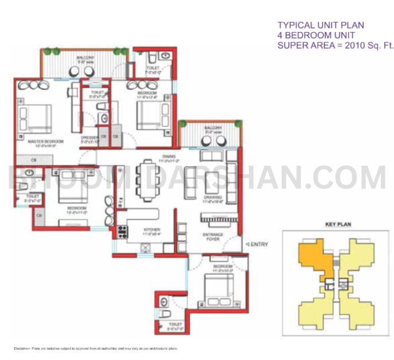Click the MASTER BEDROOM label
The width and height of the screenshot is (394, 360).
[x=39, y=141]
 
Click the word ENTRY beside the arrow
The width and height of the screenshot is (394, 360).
[x=259, y=245]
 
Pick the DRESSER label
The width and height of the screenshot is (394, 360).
[x=88, y=138]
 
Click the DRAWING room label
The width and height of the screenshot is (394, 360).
[x=212, y=199]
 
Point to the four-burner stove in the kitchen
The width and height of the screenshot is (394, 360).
[x=123, y=232]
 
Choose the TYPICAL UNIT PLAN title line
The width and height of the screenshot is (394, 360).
[x=321, y=25]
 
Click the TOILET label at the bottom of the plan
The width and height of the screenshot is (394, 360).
[x=174, y=329]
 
